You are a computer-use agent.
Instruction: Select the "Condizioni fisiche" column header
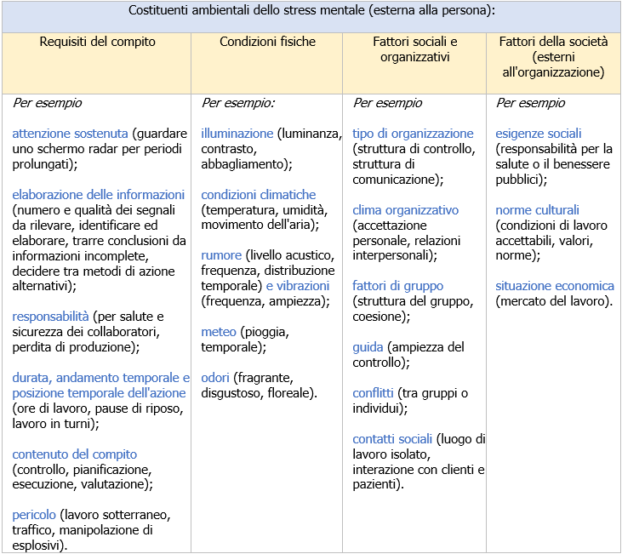coord(267,42)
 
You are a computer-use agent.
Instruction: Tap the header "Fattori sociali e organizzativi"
coord(415,49)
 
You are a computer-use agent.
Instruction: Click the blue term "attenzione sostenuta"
coord(70,134)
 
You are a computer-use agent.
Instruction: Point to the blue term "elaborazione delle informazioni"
coord(99,195)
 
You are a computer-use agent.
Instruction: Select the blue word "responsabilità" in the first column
coord(51,317)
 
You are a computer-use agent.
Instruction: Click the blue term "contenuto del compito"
coord(74,454)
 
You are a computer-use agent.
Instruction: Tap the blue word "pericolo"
coord(34,515)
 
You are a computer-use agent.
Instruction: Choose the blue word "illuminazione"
coord(237,134)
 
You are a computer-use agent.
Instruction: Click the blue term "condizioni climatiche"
coord(259,195)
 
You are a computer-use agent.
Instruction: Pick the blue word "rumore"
coord(221,255)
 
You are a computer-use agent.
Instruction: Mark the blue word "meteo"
coord(219,332)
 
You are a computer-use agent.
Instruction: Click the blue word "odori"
coord(218,378)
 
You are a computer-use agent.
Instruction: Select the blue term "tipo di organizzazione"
coord(413,134)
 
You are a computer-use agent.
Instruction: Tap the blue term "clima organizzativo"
coord(405,210)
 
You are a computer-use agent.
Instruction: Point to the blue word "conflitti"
coord(373,393)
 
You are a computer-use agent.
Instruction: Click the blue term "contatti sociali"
coord(393,439)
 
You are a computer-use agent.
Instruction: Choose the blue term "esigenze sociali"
coord(539,134)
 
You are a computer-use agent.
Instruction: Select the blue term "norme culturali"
coord(537,210)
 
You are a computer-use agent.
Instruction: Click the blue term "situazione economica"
coord(555,286)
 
